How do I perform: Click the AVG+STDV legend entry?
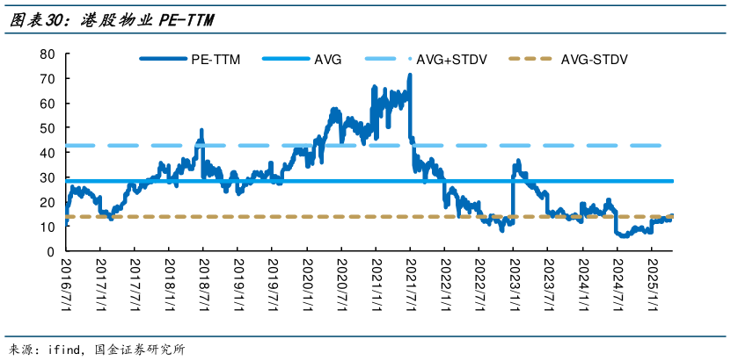tap(452, 60)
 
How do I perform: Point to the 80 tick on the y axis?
tap(48, 54)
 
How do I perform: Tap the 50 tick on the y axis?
tap(48, 128)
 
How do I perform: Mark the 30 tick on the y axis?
tap(48, 177)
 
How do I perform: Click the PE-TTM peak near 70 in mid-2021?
tap(410, 76)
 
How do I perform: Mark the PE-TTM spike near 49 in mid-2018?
tap(201, 130)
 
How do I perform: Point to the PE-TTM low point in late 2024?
tap(623, 235)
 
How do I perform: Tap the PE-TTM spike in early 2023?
tap(517, 162)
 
